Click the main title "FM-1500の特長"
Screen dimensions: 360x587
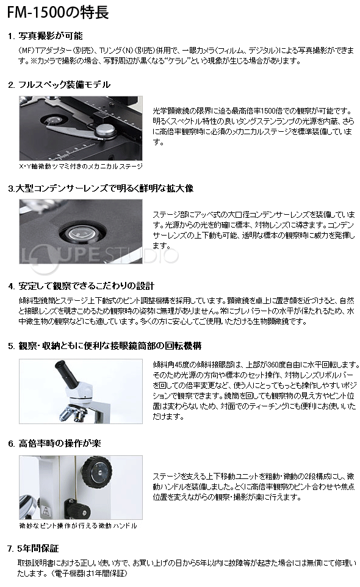[x=58, y=12]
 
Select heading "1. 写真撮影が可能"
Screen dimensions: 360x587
[x=45, y=36]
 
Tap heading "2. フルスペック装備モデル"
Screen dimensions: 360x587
[x=59, y=85]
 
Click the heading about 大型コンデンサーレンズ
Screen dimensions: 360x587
[x=101, y=189]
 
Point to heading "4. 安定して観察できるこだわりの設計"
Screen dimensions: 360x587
[x=81, y=286]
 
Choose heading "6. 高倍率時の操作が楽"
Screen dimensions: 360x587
[x=54, y=444]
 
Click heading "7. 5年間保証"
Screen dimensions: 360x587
[x=33, y=549]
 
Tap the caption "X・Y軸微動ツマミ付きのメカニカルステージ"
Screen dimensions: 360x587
[x=81, y=166]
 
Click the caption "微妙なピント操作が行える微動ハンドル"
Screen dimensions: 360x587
[x=78, y=526]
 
